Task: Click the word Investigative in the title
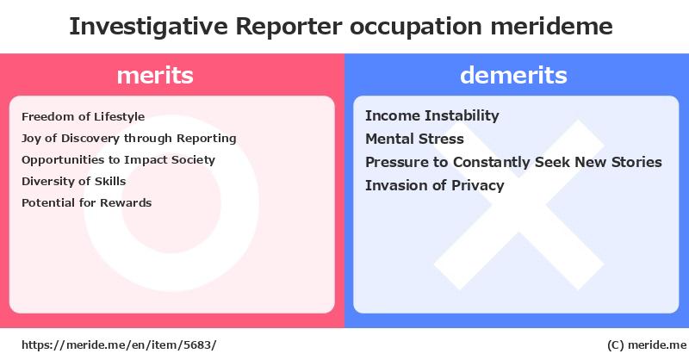click(x=148, y=27)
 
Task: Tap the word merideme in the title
click(x=551, y=26)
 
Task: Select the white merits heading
click(x=155, y=75)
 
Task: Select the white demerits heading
click(x=513, y=75)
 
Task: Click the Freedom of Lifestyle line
click(x=83, y=117)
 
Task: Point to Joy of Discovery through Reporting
click(x=128, y=139)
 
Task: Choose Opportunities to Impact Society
click(x=118, y=160)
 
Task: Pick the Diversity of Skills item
click(x=74, y=181)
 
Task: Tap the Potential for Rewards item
click(x=87, y=202)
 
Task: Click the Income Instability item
click(x=432, y=115)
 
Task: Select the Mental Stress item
click(x=414, y=139)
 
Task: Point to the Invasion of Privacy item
click(x=435, y=185)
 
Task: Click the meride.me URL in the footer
click(x=119, y=345)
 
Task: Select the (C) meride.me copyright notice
click(x=647, y=345)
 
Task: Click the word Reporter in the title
click(x=289, y=27)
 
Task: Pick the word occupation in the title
click(x=416, y=27)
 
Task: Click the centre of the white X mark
click(x=519, y=204)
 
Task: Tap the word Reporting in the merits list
click(x=207, y=139)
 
